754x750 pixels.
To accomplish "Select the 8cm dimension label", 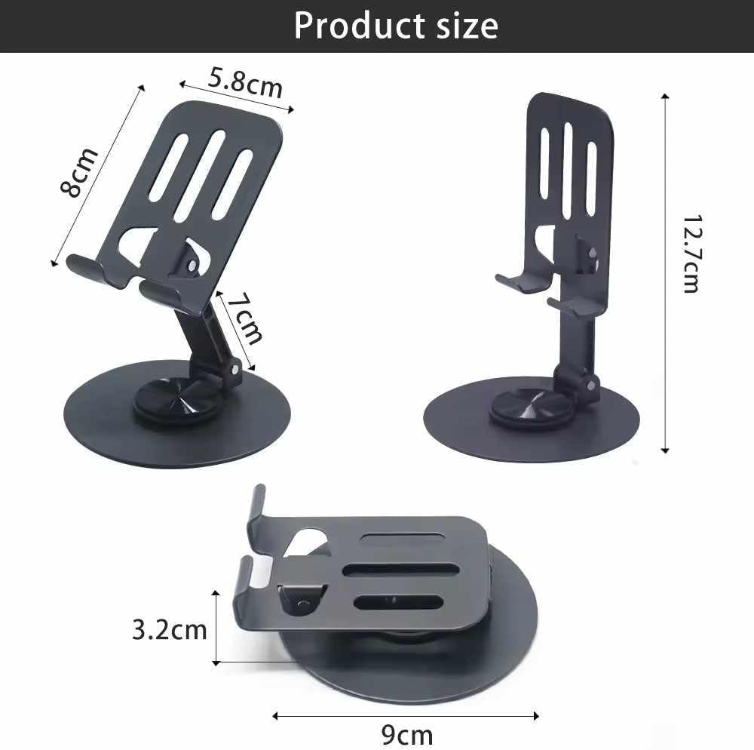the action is click(x=79, y=172).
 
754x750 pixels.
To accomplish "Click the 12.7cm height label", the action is click(x=692, y=254).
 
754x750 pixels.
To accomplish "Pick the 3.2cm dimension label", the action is click(x=169, y=630).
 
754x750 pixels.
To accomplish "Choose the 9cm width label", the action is click(x=407, y=735).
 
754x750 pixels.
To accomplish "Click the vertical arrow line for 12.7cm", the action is click(x=665, y=273).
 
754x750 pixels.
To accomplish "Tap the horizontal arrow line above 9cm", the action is click(x=406, y=716).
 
